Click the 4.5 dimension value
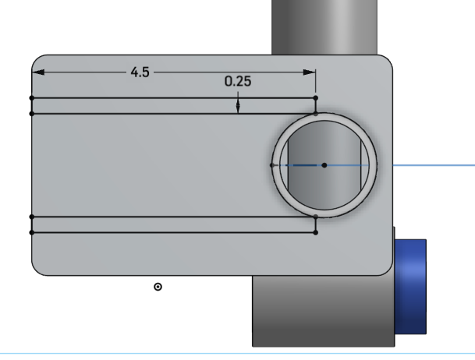coord(140,72)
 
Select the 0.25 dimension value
coord(238,81)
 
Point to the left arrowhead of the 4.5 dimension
coord(37,72)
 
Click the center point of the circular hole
coord(324,165)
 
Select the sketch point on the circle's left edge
coord(272,165)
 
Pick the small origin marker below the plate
coord(158,287)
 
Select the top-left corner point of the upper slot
coord(31,98)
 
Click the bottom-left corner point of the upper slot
coord(31,114)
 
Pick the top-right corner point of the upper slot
coord(315,98)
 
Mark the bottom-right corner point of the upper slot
coord(315,114)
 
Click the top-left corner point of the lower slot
coord(31,217)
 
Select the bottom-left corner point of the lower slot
coord(31,232)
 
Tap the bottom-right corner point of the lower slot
coord(315,232)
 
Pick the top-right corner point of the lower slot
coord(315,217)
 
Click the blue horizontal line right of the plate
coord(433,165)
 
